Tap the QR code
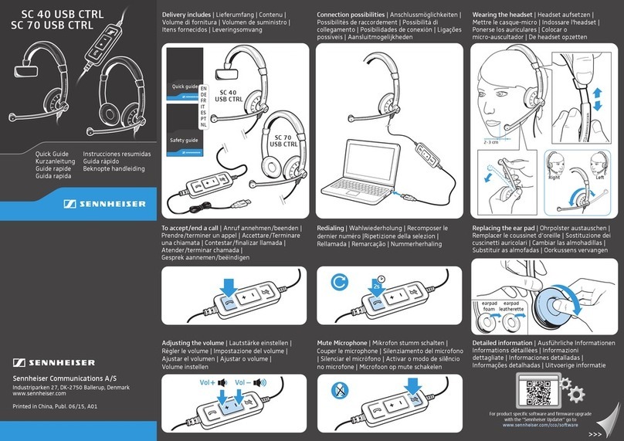538,392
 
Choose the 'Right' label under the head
554,177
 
